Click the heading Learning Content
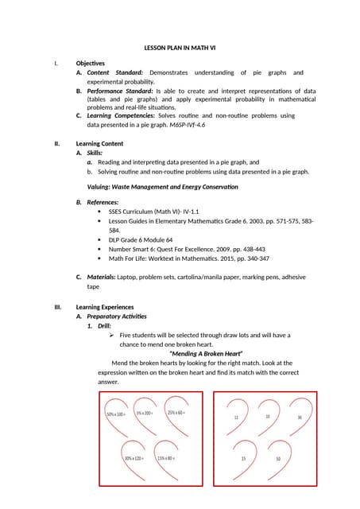coord(99,144)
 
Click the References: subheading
coord(104,203)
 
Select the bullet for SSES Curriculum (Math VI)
coord(99,212)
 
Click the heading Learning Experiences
coord(105,307)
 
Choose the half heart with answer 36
coord(299,417)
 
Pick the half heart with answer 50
coord(278,460)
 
